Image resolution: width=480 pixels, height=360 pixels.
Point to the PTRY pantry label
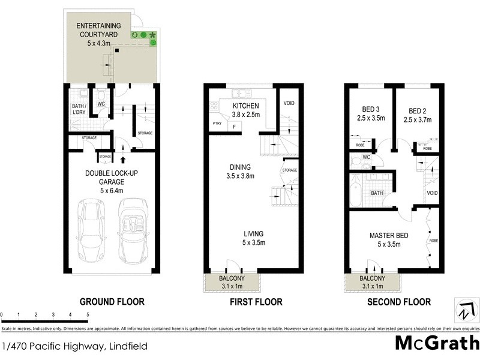pyautogui.click(x=217, y=125)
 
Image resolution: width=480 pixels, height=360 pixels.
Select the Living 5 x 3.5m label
pyautogui.click(x=253, y=238)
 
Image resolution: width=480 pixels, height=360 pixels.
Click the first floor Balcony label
pyautogui.click(x=232, y=282)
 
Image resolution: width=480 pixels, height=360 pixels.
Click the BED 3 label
pyautogui.click(x=370, y=114)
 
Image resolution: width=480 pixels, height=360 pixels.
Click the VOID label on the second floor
pyautogui.click(x=432, y=193)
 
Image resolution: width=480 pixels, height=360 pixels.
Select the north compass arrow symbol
pyautogui.click(x=464, y=311)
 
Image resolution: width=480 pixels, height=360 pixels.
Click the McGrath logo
pyautogui.click(x=436, y=344)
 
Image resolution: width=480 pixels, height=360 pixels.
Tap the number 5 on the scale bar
pyautogui.click(x=88, y=314)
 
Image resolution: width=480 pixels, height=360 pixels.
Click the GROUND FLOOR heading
pyautogui.click(x=112, y=302)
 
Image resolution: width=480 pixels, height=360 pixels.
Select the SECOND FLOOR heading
pyautogui.click(x=399, y=302)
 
